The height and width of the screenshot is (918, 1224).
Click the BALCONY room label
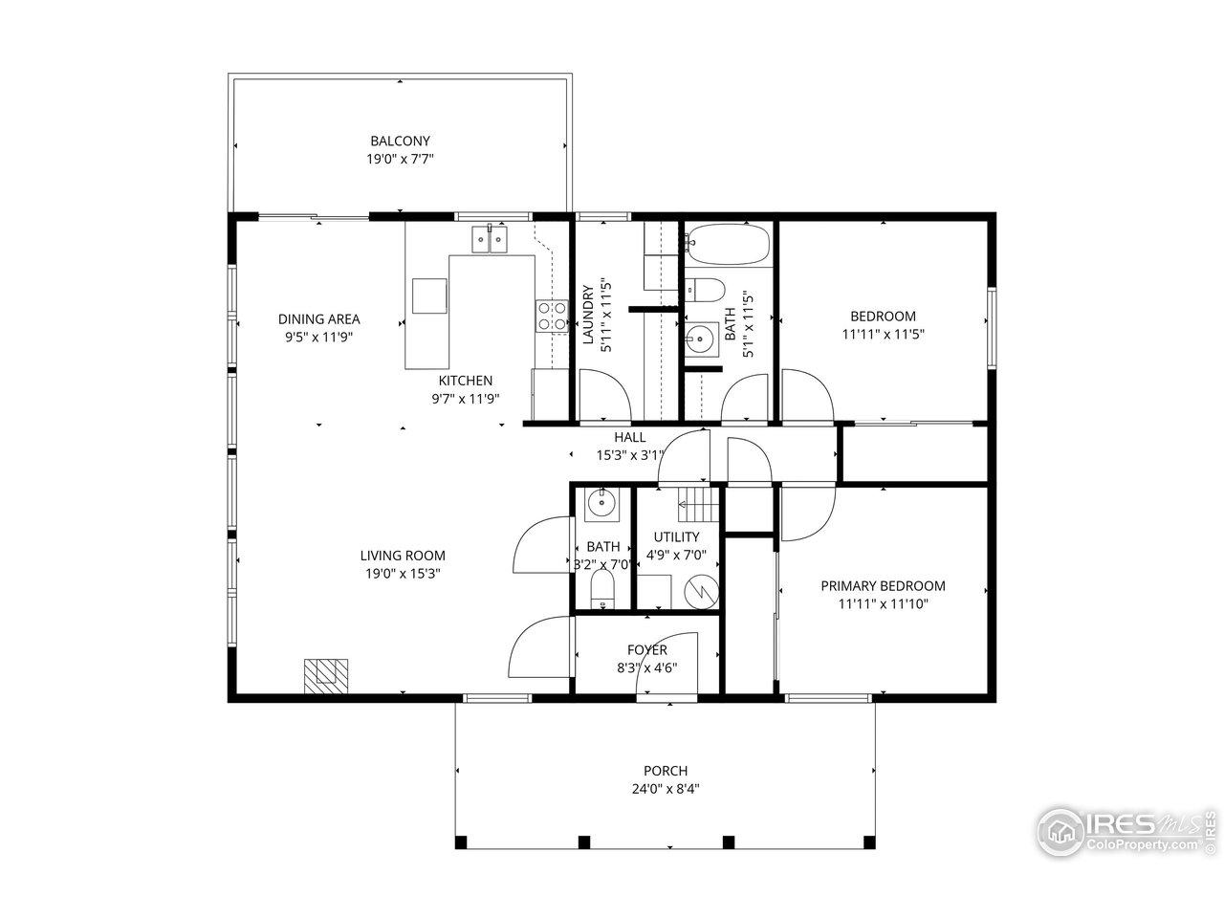coord(400,141)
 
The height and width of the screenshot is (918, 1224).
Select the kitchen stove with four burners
coord(549,316)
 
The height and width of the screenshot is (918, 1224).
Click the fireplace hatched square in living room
coord(327,675)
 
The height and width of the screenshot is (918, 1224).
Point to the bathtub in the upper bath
coord(729,245)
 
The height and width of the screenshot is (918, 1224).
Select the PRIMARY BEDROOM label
coord(883,586)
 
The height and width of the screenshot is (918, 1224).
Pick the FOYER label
coord(646,650)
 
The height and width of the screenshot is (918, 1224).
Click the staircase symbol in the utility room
coord(697,500)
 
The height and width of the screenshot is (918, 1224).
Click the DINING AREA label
coord(318,319)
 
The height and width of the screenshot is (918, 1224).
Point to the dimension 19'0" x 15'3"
coord(402,573)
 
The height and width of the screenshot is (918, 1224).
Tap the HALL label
coord(629,437)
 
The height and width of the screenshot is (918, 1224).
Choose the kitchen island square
coord(429,295)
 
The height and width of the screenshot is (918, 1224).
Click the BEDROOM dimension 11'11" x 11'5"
coord(883,334)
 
